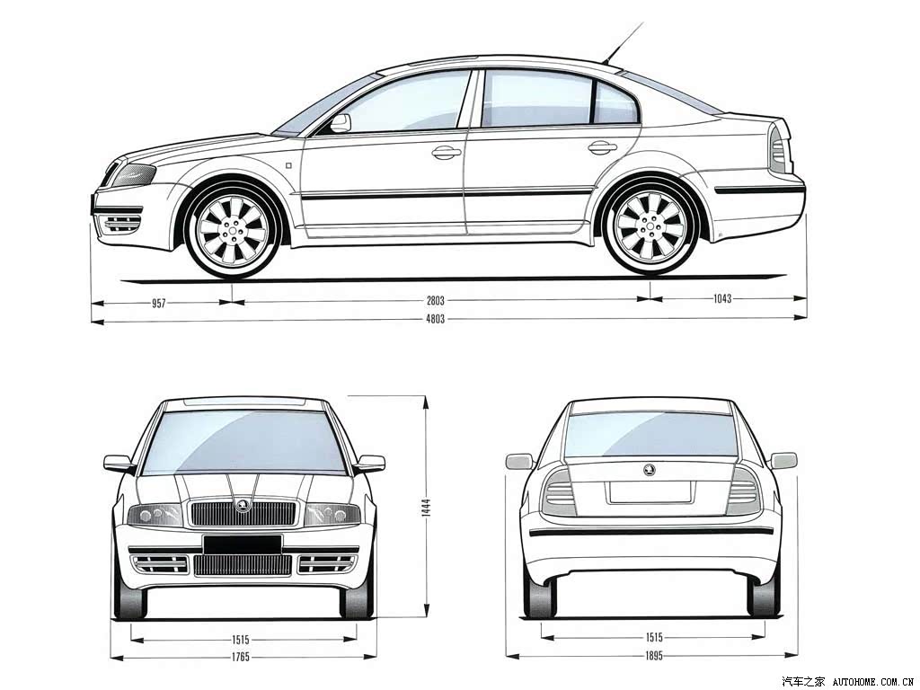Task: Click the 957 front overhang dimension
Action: click(159, 304)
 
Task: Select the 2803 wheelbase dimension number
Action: click(436, 301)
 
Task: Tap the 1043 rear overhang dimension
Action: click(722, 298)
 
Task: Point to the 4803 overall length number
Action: click(436, 319)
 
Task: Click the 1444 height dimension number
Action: click(426, 507)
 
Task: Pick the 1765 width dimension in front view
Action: click(241, 657)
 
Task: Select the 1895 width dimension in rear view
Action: click(654, 655)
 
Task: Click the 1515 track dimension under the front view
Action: click(241, 640)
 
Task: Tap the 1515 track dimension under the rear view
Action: click(654, 637)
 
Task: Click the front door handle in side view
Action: click(447, 153)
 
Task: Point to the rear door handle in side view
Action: click(603, 148)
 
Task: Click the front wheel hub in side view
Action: click(233, 229)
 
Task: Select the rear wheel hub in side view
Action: click(650, 225)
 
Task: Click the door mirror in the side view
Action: click(341, 123)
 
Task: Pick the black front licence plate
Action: click(243, 544)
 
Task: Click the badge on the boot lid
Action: click(649, 469)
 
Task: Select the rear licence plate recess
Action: click(650, 492)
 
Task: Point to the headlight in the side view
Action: click(134, 174)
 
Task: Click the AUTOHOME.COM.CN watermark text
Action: click(874, 682)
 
